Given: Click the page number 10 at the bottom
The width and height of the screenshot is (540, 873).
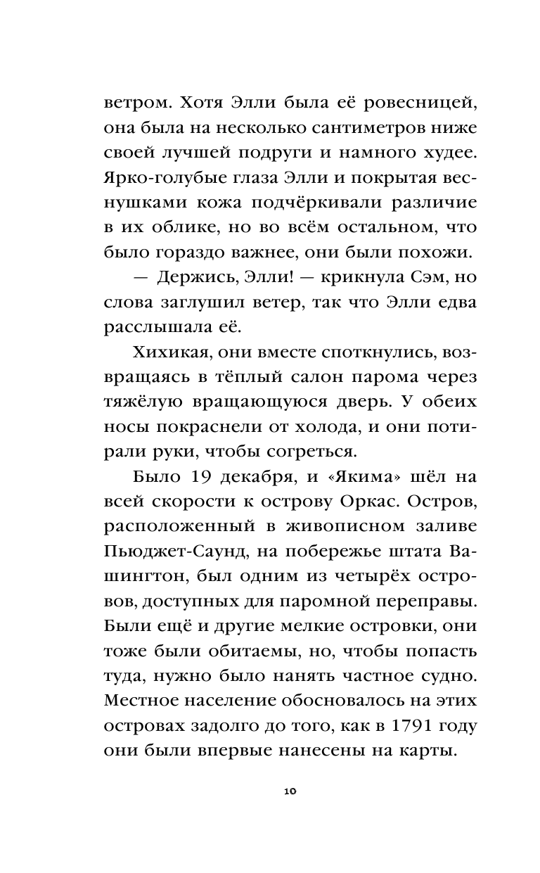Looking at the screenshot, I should pyautogui.click(x=290, y=791).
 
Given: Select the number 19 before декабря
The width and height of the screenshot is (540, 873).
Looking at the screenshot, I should pyautogui.click(x=202, y=477).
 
